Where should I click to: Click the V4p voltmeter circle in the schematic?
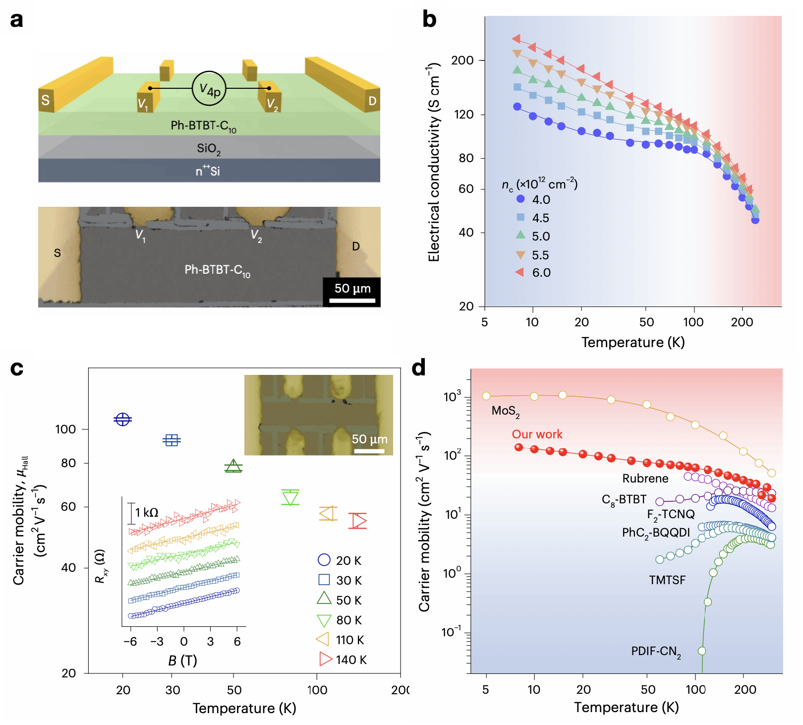point(209,89)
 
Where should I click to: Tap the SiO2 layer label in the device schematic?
point(208,148)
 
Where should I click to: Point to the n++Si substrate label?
point(208,171)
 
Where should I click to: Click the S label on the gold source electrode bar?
point(46,100)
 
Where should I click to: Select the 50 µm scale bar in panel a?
point(352,300)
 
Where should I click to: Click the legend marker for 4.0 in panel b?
point(520,199)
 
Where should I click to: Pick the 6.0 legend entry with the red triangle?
point(533,272)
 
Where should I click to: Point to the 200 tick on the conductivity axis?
point(462,60)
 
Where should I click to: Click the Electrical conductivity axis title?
point(434,162)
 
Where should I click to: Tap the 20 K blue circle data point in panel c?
point(122,420)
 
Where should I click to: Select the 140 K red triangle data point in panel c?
point(357,521)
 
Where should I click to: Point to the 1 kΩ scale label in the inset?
point(147,512)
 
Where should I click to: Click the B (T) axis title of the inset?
point(183,661)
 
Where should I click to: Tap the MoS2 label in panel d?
point(505,411)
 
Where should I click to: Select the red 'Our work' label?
point(537,434)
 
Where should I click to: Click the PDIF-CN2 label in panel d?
point(656,652)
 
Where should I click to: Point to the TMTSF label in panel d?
point(667,580)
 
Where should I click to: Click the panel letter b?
point(429,19)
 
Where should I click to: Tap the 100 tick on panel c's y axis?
point(65,429)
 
